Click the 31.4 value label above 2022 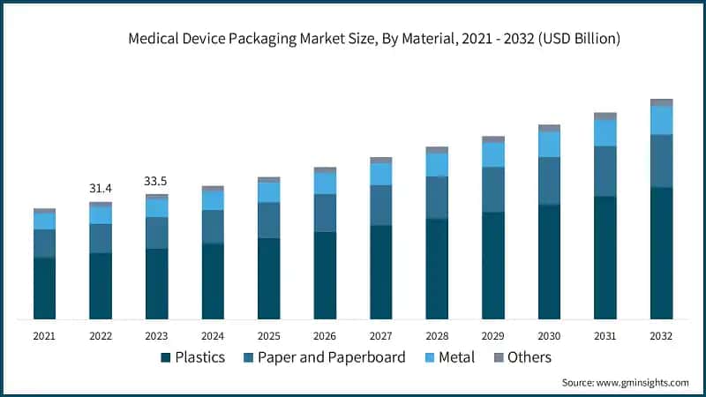101,189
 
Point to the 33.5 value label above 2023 156,182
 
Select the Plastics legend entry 192,357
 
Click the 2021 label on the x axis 44,336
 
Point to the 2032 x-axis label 661,336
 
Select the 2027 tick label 380,336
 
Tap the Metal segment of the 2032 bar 661,120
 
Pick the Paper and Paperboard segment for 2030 549,181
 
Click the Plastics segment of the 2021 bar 44,288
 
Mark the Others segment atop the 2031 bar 605,116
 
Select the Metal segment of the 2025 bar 268,192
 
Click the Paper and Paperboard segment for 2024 213,227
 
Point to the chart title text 374,39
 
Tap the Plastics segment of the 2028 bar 437,268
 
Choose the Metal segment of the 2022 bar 101,215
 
